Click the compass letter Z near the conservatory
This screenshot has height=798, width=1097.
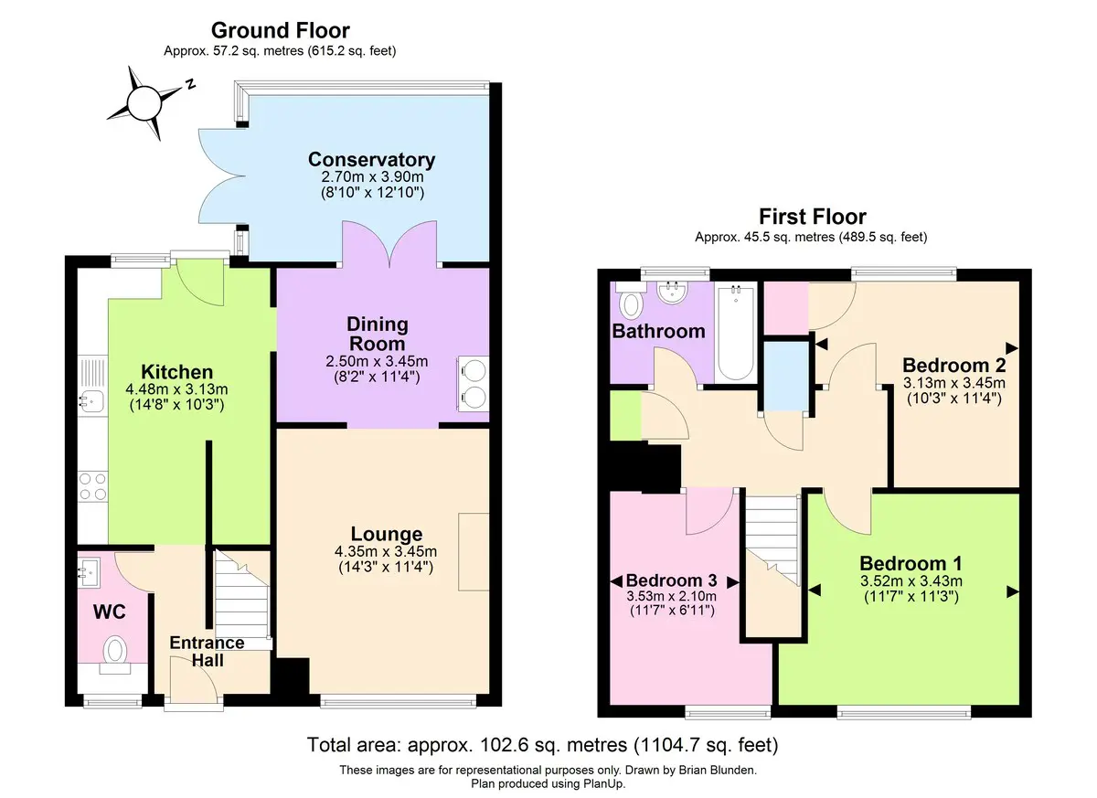click(x=190, y=84)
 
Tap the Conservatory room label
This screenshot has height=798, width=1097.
click(x=372, y=160)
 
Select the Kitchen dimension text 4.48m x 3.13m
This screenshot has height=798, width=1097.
click(x=176, y=389)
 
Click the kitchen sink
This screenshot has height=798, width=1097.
click(x=91, y=402)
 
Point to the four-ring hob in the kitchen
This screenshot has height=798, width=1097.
click(x=93, y=486)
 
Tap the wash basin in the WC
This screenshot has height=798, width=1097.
click(x=90, y=573)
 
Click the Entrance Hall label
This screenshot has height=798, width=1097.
click(x=208, y=651)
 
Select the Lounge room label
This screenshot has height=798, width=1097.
click(x=387, y=534)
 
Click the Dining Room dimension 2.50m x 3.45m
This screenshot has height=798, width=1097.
click(x=377, y=361)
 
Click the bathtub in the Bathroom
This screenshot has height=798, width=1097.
click(x=736, y=333)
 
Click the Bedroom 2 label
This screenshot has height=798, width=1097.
click(x=954, y=366)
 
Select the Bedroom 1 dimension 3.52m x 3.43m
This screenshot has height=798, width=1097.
click(x=911, y=581)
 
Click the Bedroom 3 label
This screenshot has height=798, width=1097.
click(x=671, y=580)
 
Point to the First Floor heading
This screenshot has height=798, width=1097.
click(x=813, y=217)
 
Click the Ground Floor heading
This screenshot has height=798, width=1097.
click(x=281, y=30)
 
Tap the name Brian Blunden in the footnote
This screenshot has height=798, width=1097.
click(x=717, y=770)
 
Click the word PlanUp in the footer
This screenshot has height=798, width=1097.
click(x=603, y=783)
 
